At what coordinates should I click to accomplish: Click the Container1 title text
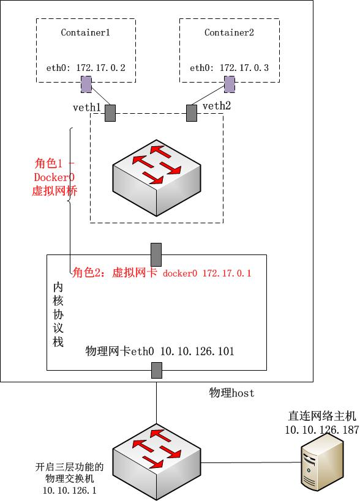pos(85,32)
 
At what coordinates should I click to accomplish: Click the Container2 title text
pos(229,32)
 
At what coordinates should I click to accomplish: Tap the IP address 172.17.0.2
pos(100,68)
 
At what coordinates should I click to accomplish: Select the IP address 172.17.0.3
pos(244,68)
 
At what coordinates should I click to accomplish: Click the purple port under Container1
pos(86,84)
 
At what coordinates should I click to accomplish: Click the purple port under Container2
pos(230,84)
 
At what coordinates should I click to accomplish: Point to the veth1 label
pos(87,108)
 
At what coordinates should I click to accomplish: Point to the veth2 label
pos(217,106)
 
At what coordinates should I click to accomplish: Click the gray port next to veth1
pos(110,113)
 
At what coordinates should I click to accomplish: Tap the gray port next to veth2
pos(192,113)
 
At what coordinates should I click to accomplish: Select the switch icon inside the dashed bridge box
pos(157,177)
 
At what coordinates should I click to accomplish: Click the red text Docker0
pos(54,177)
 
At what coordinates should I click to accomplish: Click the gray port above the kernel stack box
pos(156,254)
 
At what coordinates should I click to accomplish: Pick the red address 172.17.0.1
pos(227,273)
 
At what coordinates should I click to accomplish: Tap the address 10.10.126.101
pos(197,351)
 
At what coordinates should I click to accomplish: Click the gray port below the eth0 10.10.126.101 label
pos(157,370)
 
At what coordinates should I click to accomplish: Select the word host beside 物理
pos(242,393)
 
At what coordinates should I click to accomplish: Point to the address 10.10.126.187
pos(322,430)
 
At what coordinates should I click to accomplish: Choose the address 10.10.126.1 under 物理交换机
pos(70,490)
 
